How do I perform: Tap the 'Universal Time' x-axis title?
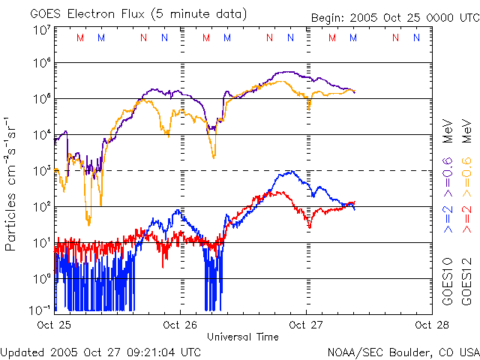tap(243, 337)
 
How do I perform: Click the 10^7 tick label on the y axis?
tap(41, 30)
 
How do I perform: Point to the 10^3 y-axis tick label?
tap(41, 171)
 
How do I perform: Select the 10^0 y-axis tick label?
tap(41, 278)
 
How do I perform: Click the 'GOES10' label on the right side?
tap(448, 284)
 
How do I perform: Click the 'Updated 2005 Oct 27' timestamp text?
tap(100, 351)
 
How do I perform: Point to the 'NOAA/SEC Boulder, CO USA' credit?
tap(403, 351)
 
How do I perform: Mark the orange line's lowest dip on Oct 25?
tap(88, 223)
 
